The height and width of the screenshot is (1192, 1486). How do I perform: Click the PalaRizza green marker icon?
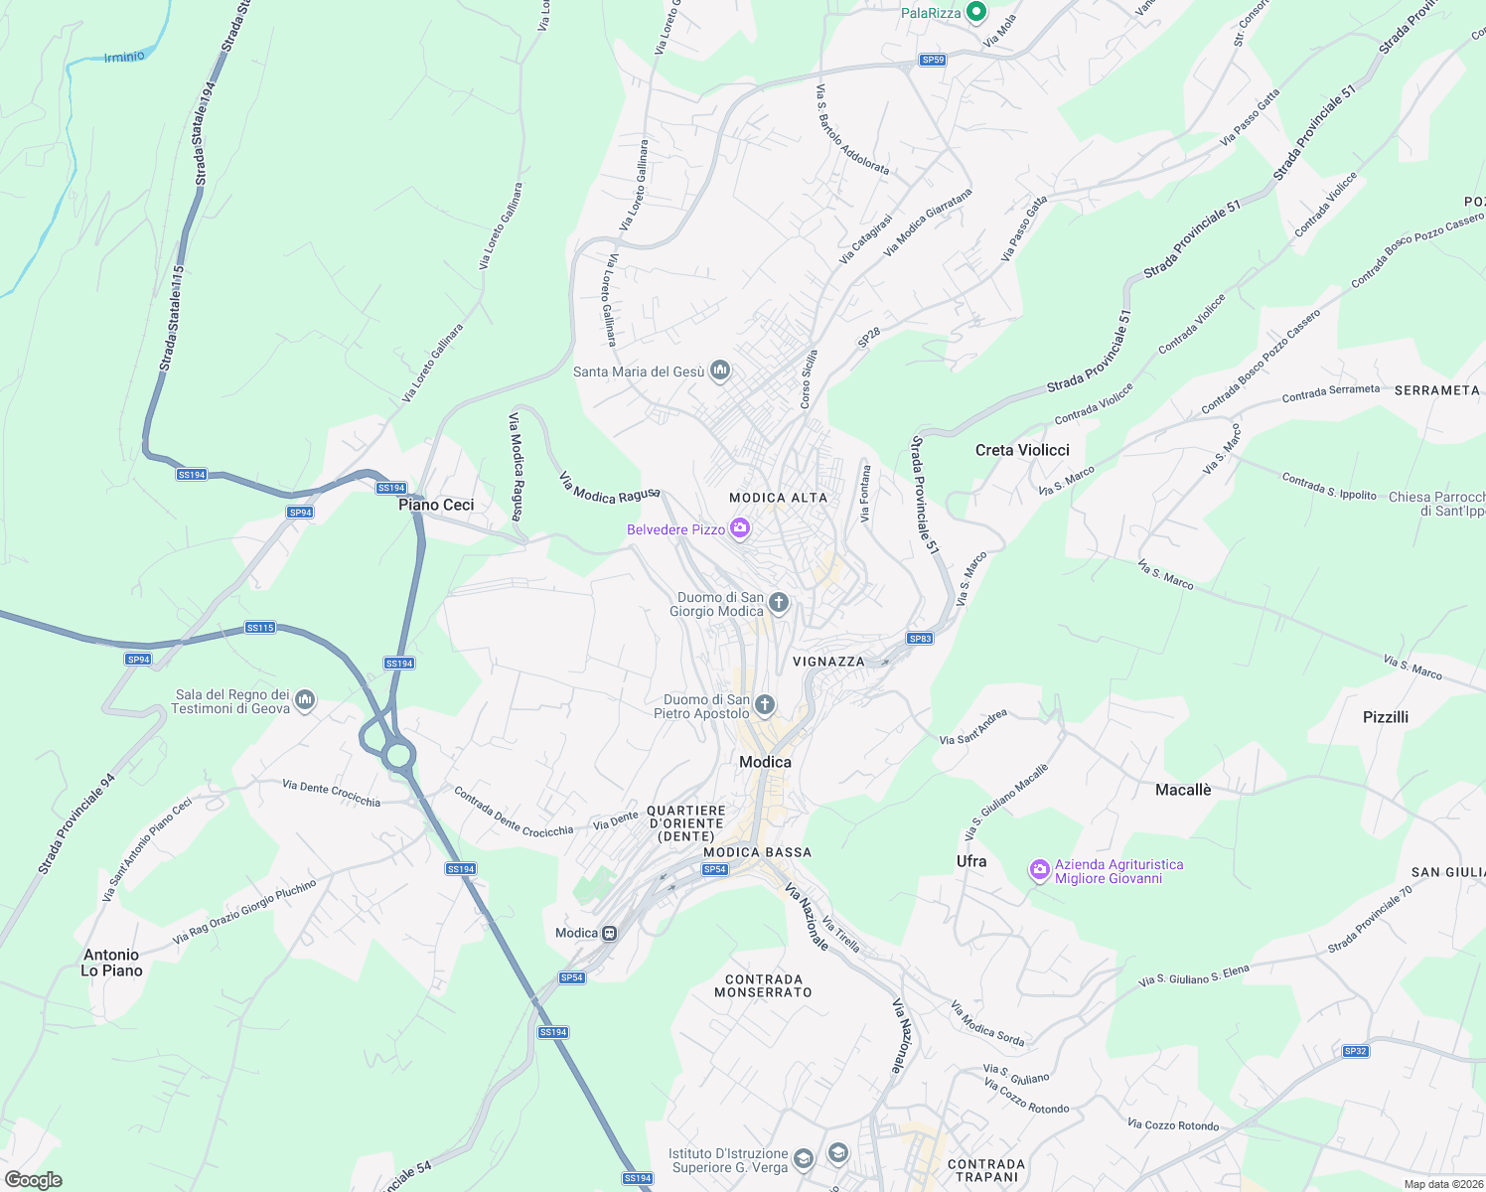(x=975, y=12)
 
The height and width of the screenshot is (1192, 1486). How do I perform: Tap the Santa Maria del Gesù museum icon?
(x=721, y=372)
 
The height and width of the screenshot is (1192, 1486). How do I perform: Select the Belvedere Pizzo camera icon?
(x=739, y=528)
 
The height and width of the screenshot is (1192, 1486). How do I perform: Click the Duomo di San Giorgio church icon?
(x=779, y=602)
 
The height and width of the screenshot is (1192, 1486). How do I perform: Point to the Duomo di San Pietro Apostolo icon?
(x=764, y=705)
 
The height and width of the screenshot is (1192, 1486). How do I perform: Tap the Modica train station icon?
(x=610, y=933)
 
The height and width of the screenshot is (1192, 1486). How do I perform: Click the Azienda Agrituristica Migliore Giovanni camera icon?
(x=1039, y=871)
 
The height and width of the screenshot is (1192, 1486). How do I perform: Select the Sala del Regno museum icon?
(x=305, y=700)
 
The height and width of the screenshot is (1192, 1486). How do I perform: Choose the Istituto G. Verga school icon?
(x=837, y=1153)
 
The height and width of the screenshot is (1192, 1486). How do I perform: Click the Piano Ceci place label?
(x=436, y=505)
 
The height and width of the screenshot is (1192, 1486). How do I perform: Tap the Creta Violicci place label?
(x=1022, y=450)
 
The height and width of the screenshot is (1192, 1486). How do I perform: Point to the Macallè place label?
(x=1183, y=790)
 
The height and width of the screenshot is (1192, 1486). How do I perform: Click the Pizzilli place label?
(x=1385, y=717)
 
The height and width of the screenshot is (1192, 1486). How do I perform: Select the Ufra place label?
(x=971, y=861)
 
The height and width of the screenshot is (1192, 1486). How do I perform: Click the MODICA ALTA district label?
(x=778, y=498)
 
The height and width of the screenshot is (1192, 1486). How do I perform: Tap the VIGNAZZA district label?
(x=828, y=662)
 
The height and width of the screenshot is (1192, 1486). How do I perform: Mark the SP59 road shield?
(x=932, y=60)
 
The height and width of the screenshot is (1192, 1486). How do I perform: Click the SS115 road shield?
(x=260, y=628)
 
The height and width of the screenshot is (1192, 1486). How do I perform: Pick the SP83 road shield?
(x=920, y=638)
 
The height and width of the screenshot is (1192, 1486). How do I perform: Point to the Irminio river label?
(x=124, y=57)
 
